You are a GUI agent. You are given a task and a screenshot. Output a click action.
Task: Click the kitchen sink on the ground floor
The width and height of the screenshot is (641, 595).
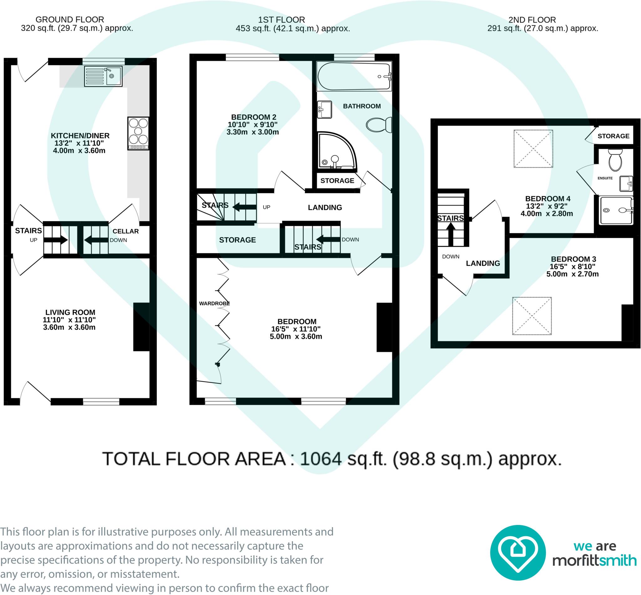103,76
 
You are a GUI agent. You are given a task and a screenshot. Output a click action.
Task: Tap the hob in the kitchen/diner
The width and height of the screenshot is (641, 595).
139,133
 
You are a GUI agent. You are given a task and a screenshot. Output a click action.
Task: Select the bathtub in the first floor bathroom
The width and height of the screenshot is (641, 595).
354,76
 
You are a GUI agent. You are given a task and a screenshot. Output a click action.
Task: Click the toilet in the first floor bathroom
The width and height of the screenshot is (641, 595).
379,125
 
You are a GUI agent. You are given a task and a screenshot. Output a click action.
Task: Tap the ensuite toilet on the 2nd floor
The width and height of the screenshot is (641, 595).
615,160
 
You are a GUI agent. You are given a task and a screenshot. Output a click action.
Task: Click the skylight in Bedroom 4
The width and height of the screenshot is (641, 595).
533,149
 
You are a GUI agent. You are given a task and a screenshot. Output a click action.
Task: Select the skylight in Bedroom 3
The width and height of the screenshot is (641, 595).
532,316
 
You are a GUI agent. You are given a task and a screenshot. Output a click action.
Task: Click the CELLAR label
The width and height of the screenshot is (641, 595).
126,231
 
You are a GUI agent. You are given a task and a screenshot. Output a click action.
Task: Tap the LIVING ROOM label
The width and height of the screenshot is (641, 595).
70,312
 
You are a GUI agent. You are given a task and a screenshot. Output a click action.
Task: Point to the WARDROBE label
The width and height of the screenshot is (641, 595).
214,303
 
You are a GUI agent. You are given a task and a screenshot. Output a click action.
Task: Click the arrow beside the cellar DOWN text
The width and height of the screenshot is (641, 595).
96,240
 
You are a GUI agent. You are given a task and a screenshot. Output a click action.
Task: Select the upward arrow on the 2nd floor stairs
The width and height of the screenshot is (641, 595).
450,234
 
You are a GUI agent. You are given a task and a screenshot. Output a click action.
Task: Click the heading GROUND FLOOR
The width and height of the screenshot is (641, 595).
69,20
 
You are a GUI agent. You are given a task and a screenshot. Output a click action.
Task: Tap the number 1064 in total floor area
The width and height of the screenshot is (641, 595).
321,459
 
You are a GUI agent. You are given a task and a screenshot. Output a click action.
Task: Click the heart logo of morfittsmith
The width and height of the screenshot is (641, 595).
518,552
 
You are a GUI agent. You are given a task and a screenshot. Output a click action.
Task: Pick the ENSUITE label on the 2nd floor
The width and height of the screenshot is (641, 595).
605,178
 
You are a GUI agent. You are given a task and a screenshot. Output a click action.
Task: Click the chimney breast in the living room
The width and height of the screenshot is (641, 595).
141,326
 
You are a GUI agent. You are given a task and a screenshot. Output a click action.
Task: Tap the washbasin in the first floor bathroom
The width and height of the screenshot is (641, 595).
325,109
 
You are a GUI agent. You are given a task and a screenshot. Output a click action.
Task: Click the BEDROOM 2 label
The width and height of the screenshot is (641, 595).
254,117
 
